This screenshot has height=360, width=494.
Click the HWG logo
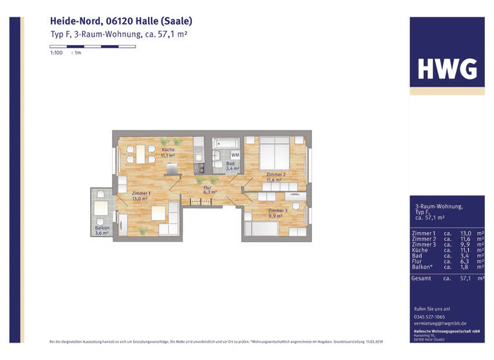(447, 68)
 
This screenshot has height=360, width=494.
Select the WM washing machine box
(235, 155)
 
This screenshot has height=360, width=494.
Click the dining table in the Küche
(140, 154)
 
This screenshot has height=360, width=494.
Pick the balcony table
(100, 207)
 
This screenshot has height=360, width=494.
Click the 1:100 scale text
(56, 53)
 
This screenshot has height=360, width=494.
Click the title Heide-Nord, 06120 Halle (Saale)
(121, 21)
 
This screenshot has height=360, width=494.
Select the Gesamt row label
(421, 278)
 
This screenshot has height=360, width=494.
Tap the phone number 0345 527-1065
(429, 317)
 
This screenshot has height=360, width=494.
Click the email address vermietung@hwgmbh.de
(440, 323)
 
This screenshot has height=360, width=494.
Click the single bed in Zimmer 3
(264, 228)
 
